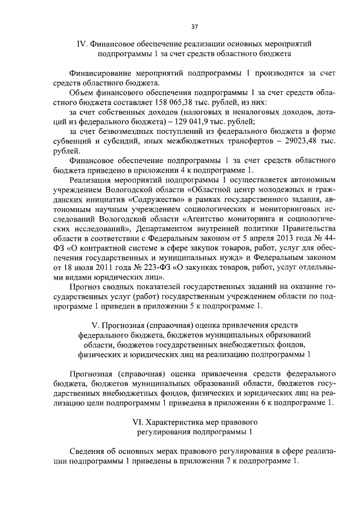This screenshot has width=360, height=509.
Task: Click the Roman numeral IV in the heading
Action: tap(81, 43)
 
